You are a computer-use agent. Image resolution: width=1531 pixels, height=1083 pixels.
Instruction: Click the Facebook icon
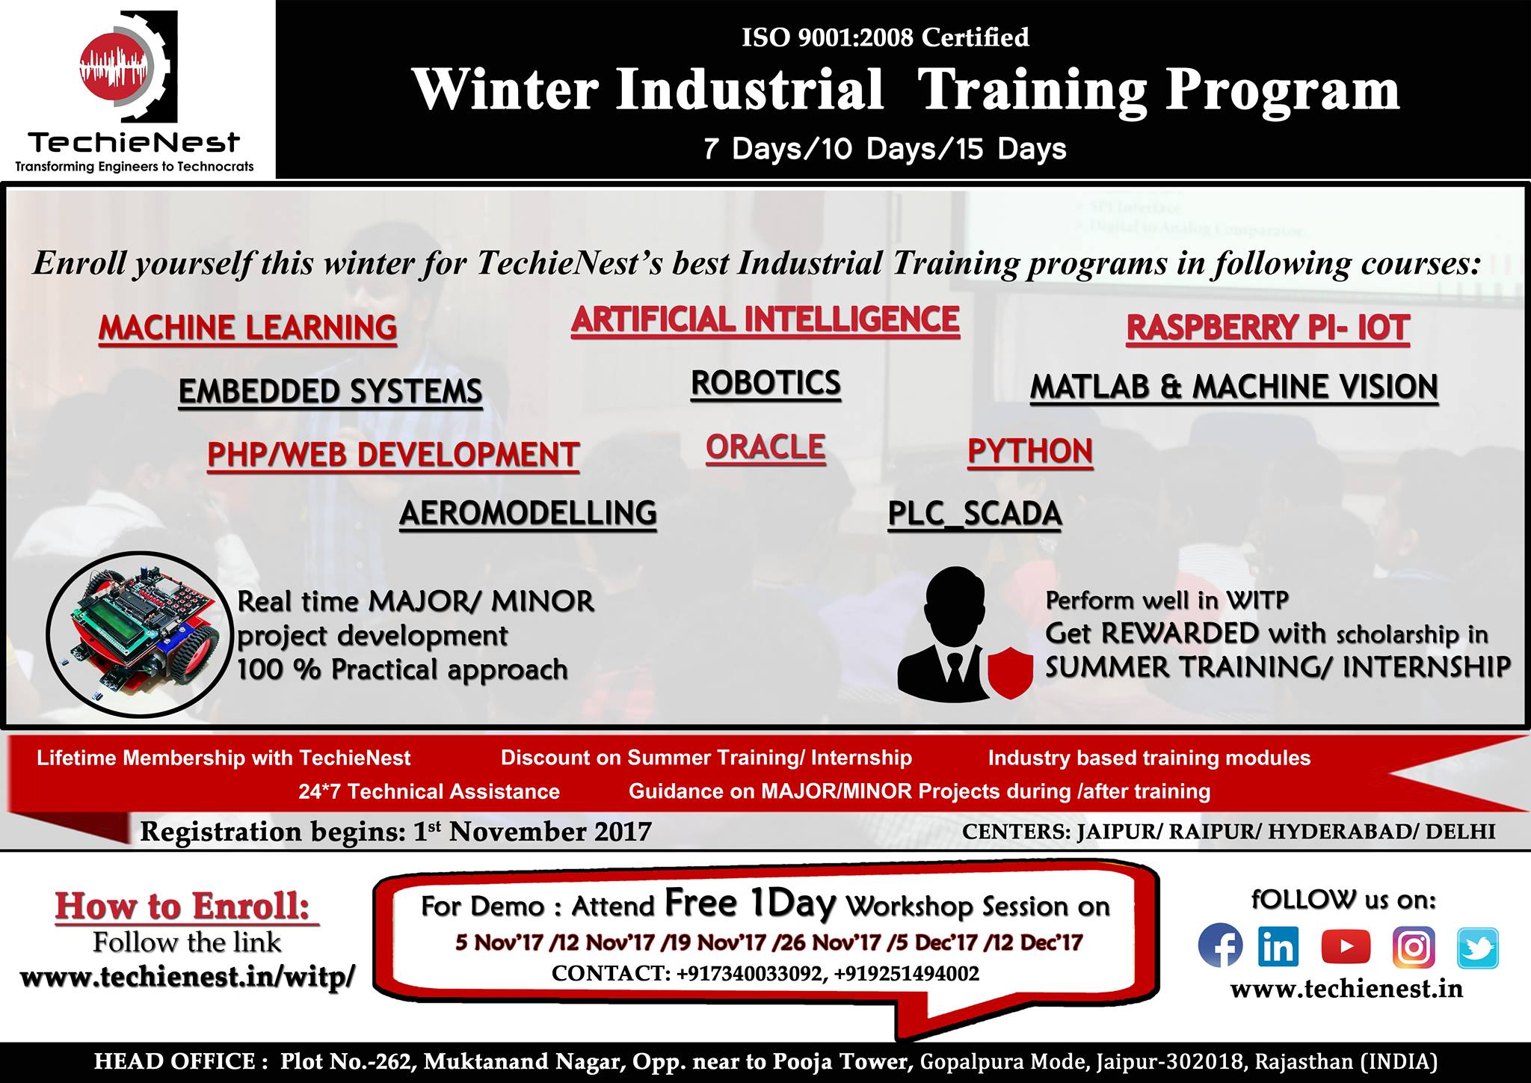(1220, 945)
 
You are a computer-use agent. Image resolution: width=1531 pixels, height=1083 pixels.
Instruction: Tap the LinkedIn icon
(1278, 946)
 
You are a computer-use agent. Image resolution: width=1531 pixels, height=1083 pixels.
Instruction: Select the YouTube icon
(1346, 947)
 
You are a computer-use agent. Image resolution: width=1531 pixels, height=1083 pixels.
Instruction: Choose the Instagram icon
(1414, 947)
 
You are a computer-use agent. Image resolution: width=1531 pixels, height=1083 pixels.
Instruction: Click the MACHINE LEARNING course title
(247, 328)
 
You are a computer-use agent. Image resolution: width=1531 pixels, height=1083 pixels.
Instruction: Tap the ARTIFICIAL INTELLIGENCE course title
(765, 320)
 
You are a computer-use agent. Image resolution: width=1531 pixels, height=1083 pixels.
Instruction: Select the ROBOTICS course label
(765, 384)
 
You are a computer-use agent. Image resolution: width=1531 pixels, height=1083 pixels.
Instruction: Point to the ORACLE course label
(765, 447)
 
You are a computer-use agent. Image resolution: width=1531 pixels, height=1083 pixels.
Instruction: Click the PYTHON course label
(1030, 452)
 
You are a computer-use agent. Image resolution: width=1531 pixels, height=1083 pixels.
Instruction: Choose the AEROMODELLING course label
(528, 514)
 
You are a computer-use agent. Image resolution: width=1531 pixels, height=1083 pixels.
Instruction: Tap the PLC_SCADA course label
(975, 514)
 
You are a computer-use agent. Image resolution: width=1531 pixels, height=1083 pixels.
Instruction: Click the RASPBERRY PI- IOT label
(1268, 328)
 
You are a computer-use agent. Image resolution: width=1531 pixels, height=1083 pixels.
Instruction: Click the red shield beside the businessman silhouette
(1010, 672)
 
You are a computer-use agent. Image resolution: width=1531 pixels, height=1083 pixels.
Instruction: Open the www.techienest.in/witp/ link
(187, 977)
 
